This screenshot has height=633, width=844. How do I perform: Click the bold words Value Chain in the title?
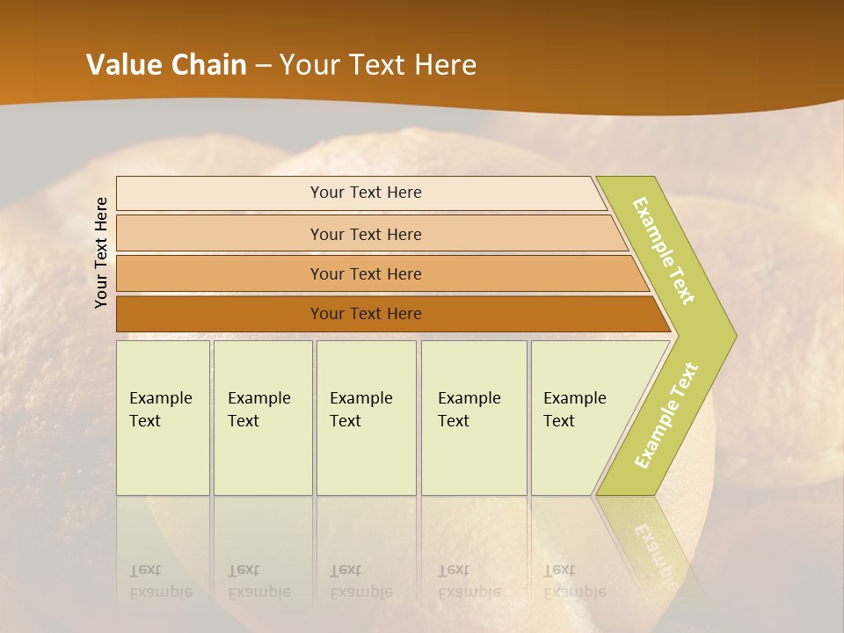click(x=166, y=65)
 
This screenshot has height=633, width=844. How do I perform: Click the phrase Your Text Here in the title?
click(x=378, y=65)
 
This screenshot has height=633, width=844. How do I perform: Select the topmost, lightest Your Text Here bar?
click(x=365, y=193)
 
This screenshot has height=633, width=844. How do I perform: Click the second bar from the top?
click(x=365, y=234)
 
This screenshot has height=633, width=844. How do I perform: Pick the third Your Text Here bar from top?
click(x=365, y=273)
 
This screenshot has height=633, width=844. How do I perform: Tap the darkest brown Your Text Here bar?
click(x=365, y=314)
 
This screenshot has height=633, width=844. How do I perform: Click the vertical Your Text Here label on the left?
click(x=101, y=252)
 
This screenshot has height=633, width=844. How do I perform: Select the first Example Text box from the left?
click(x=163, y=418)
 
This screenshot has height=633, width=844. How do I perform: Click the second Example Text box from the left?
click(x=262, y=418)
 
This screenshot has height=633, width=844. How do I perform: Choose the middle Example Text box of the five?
click(x=366, y=418)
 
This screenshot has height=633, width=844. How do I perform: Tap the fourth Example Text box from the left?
click(x=473, y=418)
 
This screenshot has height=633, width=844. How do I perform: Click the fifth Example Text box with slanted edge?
click(x=580, y=418)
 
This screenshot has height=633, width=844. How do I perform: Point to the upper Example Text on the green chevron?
click(x=664, y=250)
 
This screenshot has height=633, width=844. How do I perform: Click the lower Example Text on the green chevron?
click(x=666, y=415)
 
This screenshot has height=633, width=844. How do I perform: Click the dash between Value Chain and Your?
click(x=263, y=66)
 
